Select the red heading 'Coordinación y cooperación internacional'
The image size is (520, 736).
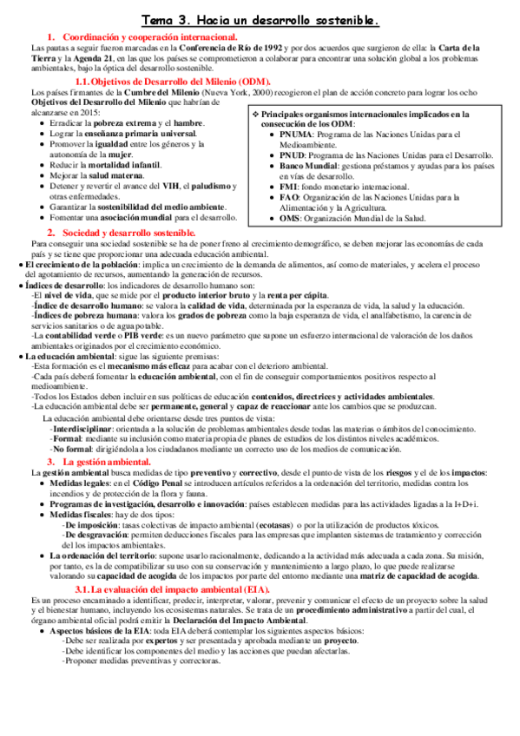[148, 36]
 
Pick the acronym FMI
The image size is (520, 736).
[290, 186]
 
